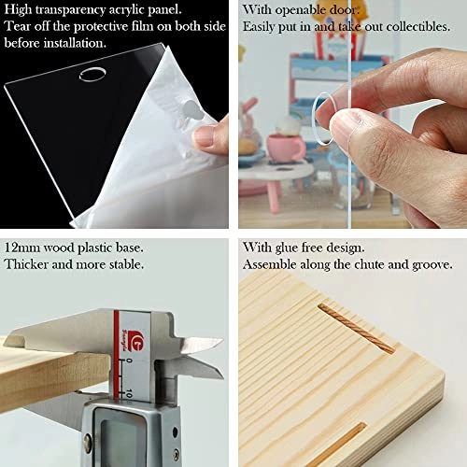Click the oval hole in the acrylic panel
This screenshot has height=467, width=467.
(x=92, y=75)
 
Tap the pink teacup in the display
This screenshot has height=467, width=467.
(x=284, y=148)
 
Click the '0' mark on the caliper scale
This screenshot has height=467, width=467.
(x=130, y=361)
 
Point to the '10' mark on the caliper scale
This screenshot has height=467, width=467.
(x=129, y=393)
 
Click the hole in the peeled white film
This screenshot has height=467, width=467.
(x=193, y=109)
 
